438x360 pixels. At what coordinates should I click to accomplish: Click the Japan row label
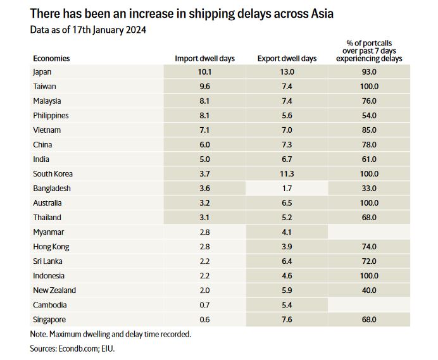(x=42, y=72)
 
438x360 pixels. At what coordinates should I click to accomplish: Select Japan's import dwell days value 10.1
(x=204, y=72)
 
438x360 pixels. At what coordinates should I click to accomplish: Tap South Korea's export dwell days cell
(x=287, y=174)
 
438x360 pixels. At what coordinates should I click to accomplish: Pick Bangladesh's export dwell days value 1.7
(x=287, y=189)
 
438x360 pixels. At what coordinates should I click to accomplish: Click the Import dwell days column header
(x=204, y=59)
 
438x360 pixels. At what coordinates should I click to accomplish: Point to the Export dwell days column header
(x=287, y=59)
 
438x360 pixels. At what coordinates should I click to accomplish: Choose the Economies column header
(x=51, y=59)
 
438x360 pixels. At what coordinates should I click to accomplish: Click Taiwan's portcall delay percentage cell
(x=368, y=87)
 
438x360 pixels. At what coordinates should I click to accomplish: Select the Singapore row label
(x=49, y=320)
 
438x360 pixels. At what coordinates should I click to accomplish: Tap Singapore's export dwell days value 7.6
(x=287, y=320)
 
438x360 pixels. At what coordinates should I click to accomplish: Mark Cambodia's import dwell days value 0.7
(x=204, y=305)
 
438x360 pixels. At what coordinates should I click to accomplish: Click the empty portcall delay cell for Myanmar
(x=368, y=232)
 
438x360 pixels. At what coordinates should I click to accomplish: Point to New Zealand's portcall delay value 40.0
(x=368, y=290)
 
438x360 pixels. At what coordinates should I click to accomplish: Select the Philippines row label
(x=51, y=116)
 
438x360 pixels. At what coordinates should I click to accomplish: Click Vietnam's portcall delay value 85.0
(x=368, y=130)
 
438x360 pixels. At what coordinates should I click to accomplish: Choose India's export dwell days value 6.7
(x=287, y=159)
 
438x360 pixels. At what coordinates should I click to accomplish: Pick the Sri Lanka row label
(x=47, y=261)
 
